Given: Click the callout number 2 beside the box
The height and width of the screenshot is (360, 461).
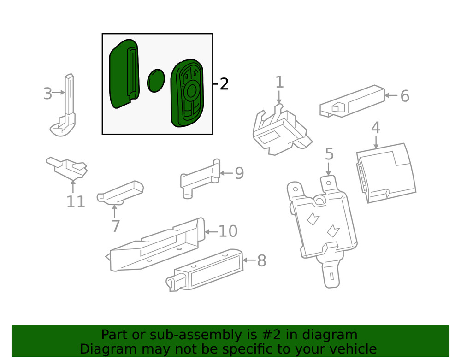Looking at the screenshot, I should coord(224,84).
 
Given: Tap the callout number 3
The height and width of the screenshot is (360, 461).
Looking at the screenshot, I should coord(48,94).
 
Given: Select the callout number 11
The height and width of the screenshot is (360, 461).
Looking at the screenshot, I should coord(76,201).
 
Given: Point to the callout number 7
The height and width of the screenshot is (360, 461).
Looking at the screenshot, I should coord(115,226).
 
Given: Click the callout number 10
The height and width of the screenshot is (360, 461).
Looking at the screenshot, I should coord(227,231).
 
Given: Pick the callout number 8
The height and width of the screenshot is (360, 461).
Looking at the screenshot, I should coord(261,261).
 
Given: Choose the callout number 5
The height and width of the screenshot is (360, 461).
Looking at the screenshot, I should coord(329,154).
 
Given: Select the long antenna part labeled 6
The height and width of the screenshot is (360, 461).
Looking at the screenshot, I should coord(353,100).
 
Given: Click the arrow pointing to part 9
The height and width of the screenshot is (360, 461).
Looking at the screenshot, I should coord(226,173).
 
